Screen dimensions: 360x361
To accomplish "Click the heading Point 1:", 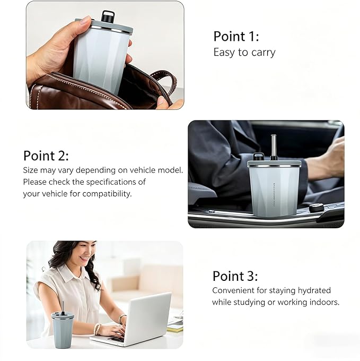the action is coord(236,37).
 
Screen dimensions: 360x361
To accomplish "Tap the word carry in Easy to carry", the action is coord(263,53).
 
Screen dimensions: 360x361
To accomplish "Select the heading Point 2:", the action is coord(46,156).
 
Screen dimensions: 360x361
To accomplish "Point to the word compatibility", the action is coord(107,194).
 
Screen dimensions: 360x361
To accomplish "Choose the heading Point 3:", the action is coord(235,276).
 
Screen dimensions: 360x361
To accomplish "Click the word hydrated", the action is coord(314,290).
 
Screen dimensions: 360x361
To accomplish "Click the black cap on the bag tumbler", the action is coord(108,16).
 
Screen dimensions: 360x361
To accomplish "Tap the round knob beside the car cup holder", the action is coord(317,208).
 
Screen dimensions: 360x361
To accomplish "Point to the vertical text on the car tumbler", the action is coord(274,194).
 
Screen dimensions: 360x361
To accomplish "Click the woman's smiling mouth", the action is coord(84,258).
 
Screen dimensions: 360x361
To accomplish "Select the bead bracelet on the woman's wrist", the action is coord(98,329).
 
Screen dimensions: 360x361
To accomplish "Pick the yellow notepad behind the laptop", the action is coord(175,329).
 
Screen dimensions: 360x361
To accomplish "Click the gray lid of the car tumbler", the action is coord(274,164).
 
